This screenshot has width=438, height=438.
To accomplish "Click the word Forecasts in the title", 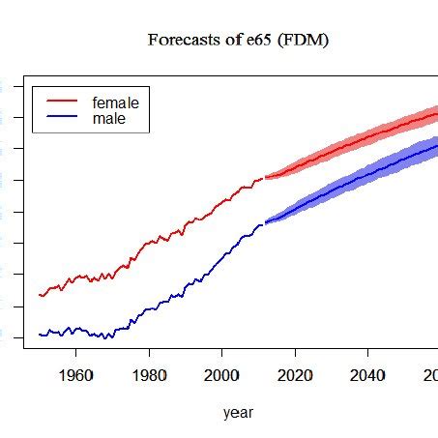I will coord(180,40).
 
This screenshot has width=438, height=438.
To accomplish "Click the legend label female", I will coord(115,102).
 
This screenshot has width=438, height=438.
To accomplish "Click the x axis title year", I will coord(238,413).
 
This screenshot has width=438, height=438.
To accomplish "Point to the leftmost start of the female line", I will coord(40,294).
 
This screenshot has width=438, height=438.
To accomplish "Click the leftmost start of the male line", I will coord(40,335).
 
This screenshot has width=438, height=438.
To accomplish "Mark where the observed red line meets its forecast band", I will coord(264,177).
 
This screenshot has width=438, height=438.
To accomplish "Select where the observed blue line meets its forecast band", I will coord(264,222).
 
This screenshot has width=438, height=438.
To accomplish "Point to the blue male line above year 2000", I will coord(221,258).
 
